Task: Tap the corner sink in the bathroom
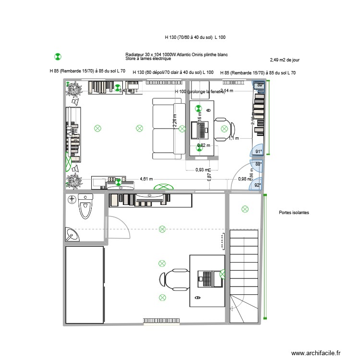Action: [72, 234]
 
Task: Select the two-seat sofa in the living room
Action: [165, 128]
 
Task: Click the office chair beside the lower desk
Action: [170, 279]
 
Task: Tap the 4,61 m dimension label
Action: [146, 180]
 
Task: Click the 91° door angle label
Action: [258, 152]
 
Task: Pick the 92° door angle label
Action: [258, 185]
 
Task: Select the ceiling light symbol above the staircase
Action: [245, 209]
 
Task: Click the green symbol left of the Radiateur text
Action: [58, 57]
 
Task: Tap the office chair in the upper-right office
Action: [226, 128]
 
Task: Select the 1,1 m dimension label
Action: [233, 139]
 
